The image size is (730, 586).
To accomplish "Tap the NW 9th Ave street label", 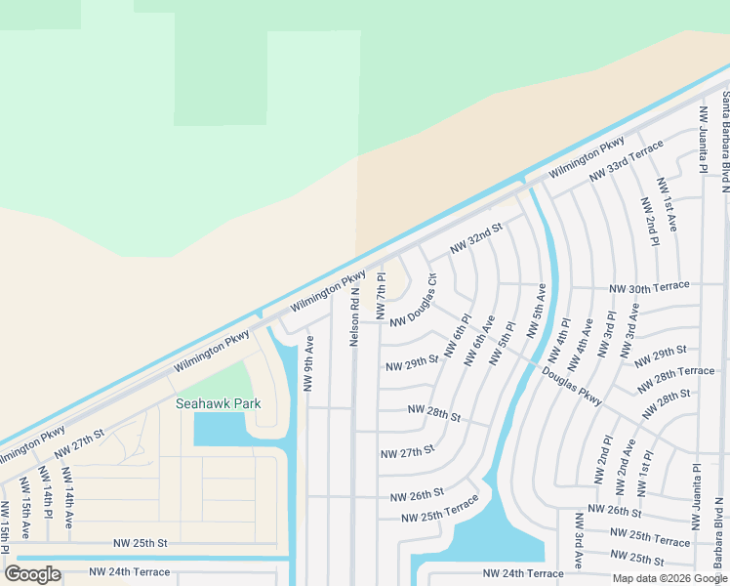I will (x=308, y=364).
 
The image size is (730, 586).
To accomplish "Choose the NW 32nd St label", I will (x=475, y=239).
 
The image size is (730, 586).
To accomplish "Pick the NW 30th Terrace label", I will (x=649, y=287).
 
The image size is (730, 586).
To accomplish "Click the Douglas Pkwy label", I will (x=573, y=388).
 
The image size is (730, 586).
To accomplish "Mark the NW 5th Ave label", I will (x=537, y=312).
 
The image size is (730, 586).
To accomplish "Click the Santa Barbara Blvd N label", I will (x=725, y=132).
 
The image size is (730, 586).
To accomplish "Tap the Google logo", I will (x=32, y=573).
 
